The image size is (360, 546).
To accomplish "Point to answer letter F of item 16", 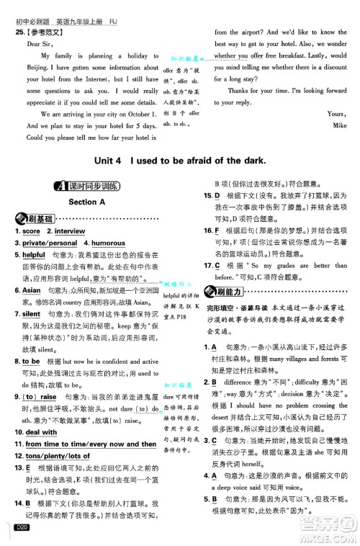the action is [217, 231].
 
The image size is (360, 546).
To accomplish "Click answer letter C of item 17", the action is [217, 266].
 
